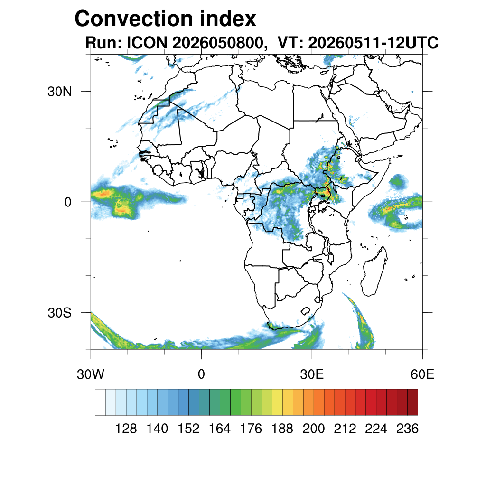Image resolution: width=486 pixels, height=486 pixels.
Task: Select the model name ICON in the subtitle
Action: tap(147, 42)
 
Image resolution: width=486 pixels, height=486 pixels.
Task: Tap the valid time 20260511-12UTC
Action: tap(373, 42)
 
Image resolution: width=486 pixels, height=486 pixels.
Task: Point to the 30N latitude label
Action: tap(59, 92)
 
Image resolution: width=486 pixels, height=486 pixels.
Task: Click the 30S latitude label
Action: tap(59, 313)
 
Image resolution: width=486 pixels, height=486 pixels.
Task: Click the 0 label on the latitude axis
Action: tap(68, 202)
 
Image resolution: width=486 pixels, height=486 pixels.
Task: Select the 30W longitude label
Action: tap(91, 374)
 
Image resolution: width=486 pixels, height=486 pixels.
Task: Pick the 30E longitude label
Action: tap(312, 374)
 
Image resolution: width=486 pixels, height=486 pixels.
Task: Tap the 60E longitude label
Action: tap(422, 374)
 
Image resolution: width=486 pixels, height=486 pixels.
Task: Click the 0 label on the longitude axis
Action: tap(201, 374)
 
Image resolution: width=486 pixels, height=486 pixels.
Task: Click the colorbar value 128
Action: tap(126, 429)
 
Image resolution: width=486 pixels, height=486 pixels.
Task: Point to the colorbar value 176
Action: tap(251, 429)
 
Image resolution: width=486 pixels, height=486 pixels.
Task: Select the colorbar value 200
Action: tap(314, 429)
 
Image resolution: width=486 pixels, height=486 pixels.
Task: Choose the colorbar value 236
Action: tap(407, 429)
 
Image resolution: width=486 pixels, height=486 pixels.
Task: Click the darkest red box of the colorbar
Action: tap(413, 402)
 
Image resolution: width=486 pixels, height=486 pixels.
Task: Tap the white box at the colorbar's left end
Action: tap(101, 402)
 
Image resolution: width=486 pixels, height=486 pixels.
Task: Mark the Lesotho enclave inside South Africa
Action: tap(306, 311)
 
